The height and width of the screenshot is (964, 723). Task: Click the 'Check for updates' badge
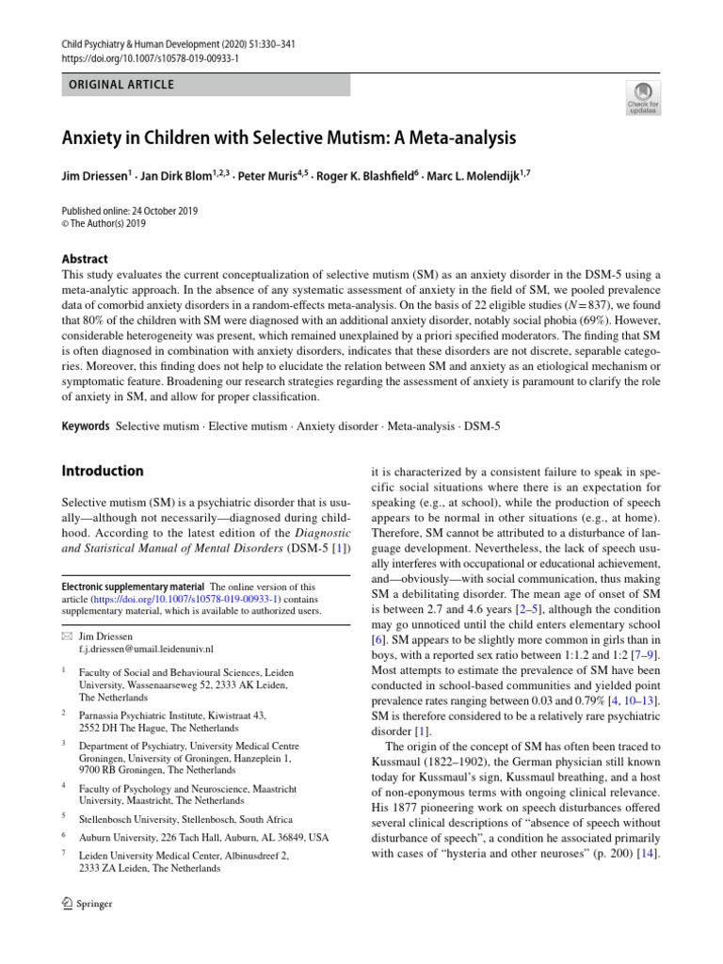coord(643,97)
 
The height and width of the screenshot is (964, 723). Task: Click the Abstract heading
coord(85,259)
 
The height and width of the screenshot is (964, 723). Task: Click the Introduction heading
coord(103,471)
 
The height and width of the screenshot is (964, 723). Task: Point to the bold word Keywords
coord(86,426)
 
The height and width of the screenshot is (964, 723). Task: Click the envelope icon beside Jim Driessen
coord(66,636)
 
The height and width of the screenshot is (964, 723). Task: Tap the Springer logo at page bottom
coord(87,904)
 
